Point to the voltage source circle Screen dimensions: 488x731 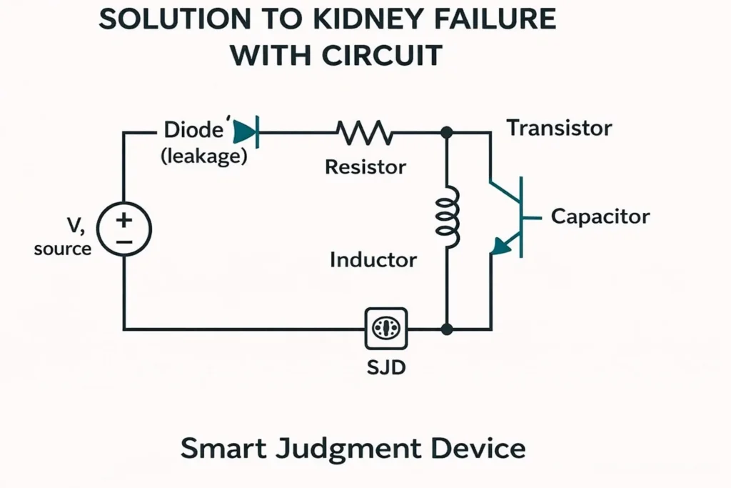coord(124,229)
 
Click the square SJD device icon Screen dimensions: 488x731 coord(385,329)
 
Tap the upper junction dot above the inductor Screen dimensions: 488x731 coord(447,132)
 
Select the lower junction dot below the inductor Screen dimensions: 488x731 coord(447,329)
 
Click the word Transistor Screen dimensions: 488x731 coord(559,129)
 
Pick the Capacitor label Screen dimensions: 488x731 coord(600,216)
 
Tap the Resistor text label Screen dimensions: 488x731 coord(365,167)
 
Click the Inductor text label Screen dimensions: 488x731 coord(373,259)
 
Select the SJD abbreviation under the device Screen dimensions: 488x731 coord(385,369)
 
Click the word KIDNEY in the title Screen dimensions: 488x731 coord(356,19)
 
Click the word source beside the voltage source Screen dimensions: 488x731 coord(63,249)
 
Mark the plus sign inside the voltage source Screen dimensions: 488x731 coord(124,219)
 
